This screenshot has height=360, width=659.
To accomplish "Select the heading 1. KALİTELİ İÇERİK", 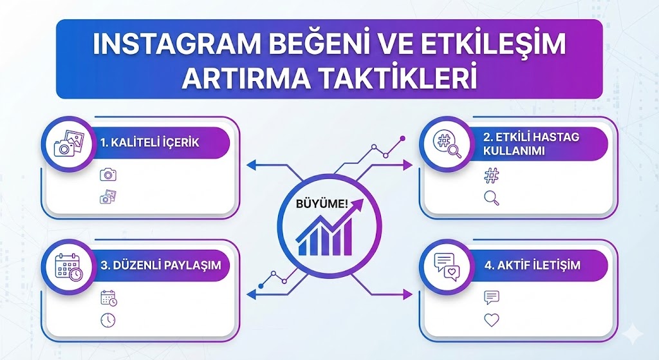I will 149,142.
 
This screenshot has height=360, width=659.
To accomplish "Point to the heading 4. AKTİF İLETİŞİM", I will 532,265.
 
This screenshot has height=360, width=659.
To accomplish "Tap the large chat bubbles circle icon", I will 447,266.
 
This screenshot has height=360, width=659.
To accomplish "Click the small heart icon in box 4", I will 492,319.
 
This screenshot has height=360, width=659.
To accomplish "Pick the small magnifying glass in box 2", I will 492,198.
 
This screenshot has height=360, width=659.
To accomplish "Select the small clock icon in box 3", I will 108,319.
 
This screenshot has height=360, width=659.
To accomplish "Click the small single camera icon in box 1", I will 108,175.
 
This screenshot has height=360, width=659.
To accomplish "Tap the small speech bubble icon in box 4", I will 492,297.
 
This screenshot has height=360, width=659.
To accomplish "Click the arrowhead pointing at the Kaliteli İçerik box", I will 251,166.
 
